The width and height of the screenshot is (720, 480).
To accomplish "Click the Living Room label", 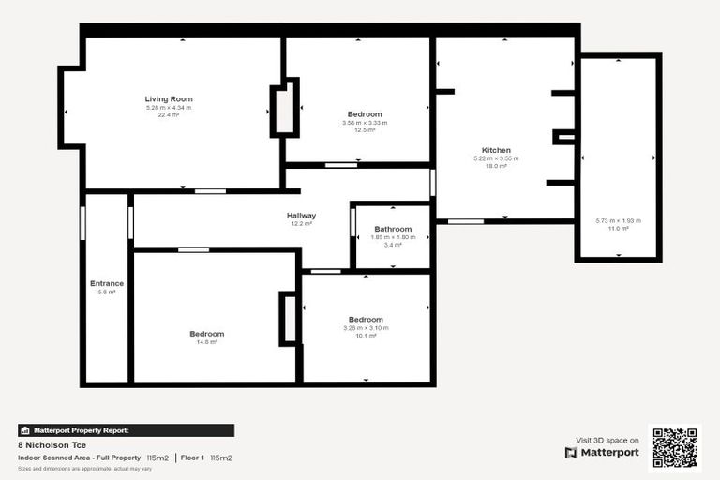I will click(x=169, y=98).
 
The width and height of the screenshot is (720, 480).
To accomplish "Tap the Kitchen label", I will click(x=496, y=150).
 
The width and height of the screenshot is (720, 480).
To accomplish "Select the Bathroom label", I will click(x=393, y=229).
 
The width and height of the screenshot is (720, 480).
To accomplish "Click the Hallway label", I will click(x=301, y=216).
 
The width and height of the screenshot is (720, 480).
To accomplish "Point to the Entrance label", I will click(x=107, y=283).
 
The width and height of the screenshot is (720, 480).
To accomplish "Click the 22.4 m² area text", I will click(x=169, y=114).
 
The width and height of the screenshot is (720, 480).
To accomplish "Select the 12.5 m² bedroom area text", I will click(x=365, y=130).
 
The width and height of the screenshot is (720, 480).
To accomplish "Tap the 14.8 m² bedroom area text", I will click(x=207, y=342).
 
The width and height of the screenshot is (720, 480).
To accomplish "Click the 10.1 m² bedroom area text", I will click(x=366, y=335).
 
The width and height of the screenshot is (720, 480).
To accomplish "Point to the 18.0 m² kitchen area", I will click(x=496, y=165).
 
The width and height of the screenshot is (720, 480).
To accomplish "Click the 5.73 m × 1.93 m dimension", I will click(x=618, y=220).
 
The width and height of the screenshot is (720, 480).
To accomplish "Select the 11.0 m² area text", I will click(x=618, y=228).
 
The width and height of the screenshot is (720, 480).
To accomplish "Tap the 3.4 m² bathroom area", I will click(x=393, y=245).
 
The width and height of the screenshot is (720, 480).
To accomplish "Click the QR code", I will click(x=674, y=447).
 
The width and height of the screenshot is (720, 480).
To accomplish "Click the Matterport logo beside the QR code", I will click(x=602, y=452).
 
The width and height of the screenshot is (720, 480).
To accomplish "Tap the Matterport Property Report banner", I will click(x=126, y=430).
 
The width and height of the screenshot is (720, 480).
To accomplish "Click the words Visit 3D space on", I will click(x=607, y=440).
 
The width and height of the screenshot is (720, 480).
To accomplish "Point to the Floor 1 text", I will click(x=191, y=457).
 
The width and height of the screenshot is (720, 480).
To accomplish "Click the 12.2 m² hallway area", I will click(x=301, y=224).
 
